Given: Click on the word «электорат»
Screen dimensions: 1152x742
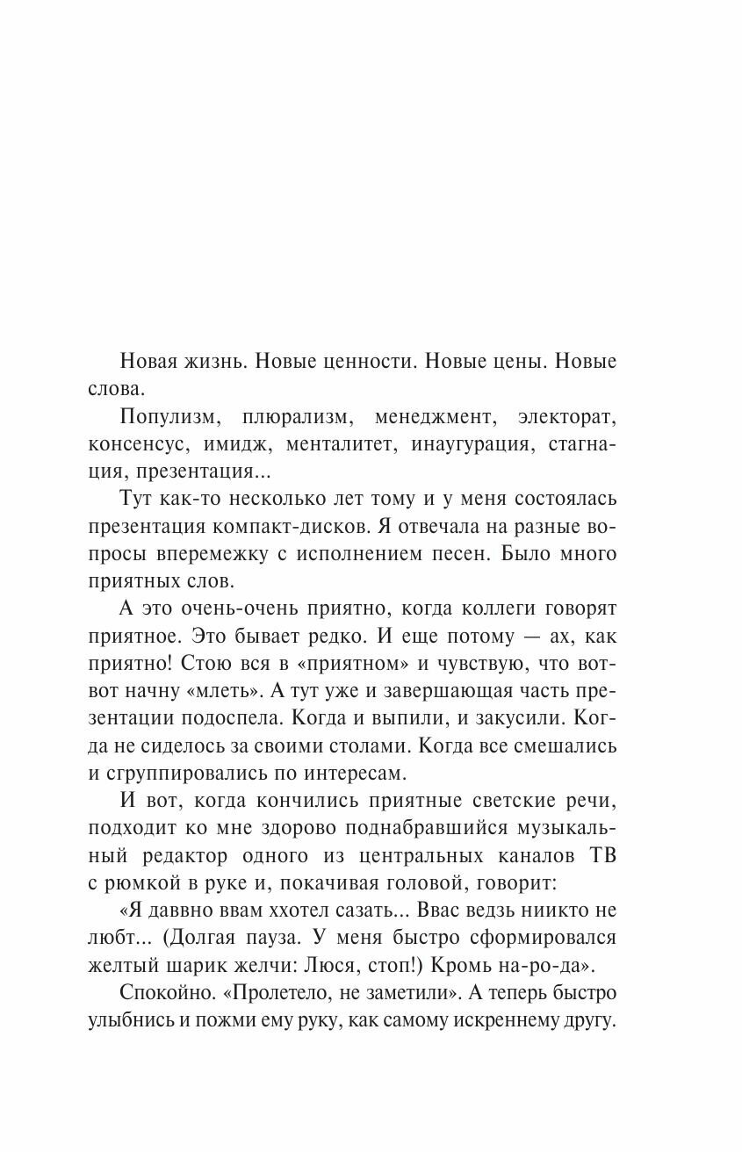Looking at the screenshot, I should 568,417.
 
